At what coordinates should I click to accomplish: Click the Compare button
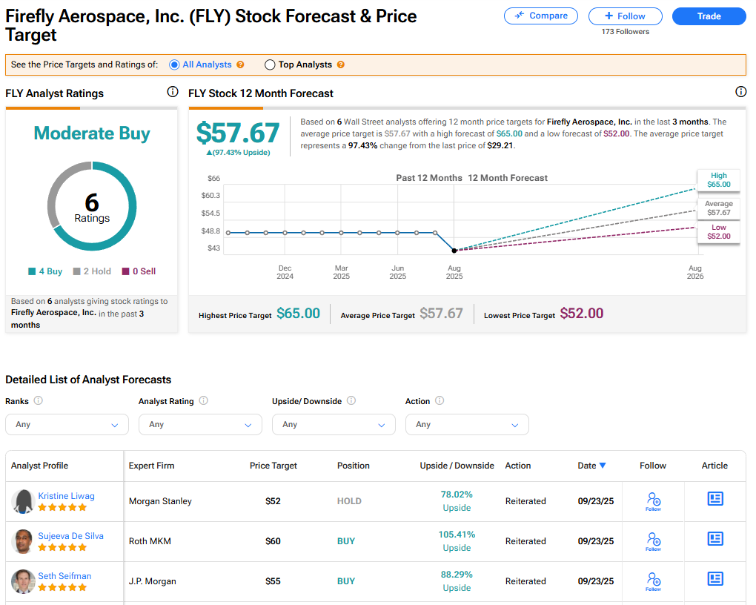click(x=541, y=16)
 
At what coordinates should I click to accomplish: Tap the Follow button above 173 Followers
click(x=625, y=16)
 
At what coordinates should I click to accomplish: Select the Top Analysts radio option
click(x=270, y=65)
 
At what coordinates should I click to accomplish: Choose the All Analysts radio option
click(x=175, y=65)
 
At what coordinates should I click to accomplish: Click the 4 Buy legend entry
click(x=45, y=271)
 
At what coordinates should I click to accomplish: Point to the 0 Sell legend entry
click(x=139, y=271)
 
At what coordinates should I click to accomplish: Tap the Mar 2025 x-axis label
click(x=341, y=272)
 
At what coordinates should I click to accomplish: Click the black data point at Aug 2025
click(x=454, y=251)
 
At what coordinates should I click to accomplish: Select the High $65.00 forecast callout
click(x=718, y=180)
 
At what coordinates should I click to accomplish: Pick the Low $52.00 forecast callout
click(x=718, y=232)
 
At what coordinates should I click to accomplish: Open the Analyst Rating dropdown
click(x=200, y=425)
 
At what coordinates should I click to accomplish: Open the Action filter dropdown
click(x=467, y=425)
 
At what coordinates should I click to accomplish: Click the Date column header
click(x=591, y=466)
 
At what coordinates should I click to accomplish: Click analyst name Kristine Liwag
click(x=67, y=496)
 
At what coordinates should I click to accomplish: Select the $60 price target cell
click(x=273, y=541)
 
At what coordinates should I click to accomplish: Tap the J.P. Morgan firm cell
click(x=153, y=581)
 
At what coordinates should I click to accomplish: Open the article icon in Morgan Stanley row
click(x=715, y=499)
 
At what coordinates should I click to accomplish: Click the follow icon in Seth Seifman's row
click(x=653, y=580)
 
